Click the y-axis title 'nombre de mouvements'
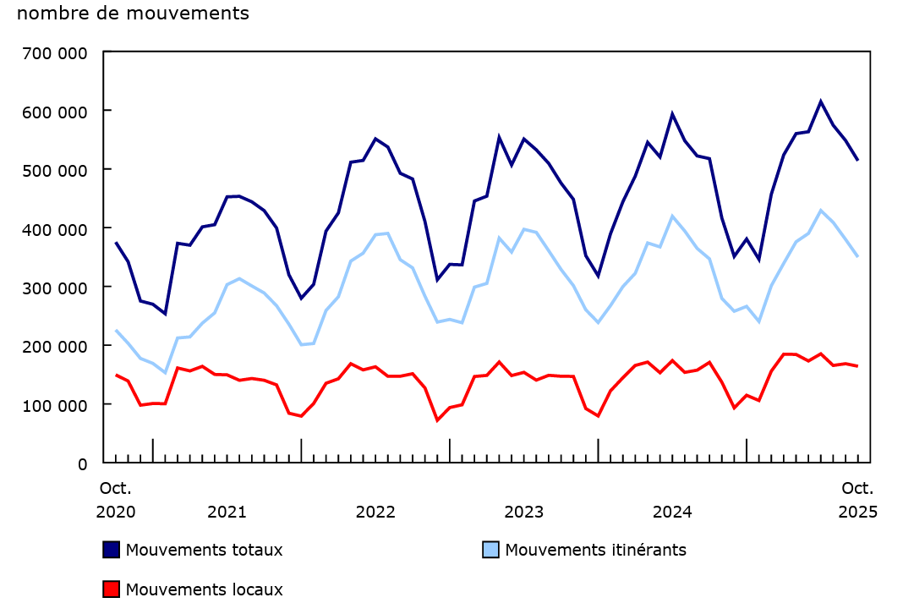point(133,14)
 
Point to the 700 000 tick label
point(57,52)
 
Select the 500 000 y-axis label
point(57,170)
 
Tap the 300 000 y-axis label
point(57,288)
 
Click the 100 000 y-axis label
point(57,405)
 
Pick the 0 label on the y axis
point(82,463)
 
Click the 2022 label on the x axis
point(375,512)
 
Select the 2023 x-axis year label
point(524,512)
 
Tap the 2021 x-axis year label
point(227,512)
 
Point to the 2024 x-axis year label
point(673,512)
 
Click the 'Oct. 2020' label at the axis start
point(116,500)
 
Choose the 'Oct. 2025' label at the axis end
point(857,500)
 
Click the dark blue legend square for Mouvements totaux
point(111,550)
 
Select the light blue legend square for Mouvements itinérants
point(490,550)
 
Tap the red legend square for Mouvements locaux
point(111,589)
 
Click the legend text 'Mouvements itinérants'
point(595,550)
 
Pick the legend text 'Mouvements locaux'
point(204,589)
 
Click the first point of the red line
point(116,375)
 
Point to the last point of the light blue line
point(857,256)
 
